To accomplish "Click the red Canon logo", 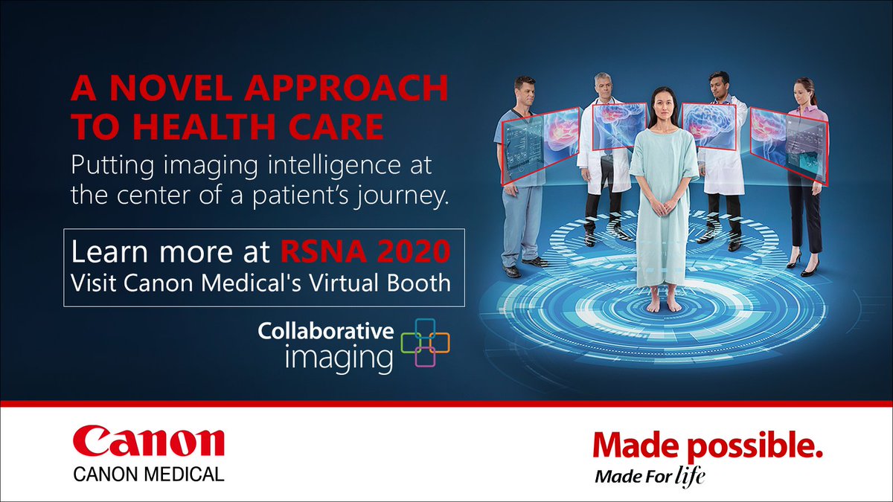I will point(148,443).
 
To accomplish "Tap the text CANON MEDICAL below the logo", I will point(148,474).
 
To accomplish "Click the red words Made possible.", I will point(708,445).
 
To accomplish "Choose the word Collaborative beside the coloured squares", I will point(325,332).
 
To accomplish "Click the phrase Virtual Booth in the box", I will point(400,283).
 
